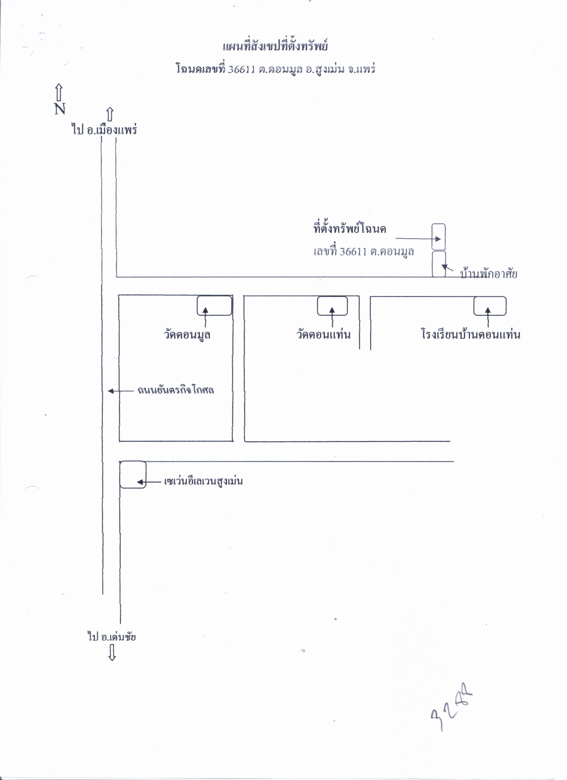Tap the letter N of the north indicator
[60, 109]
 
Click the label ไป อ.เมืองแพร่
[105, 130]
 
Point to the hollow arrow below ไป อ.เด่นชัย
[112, 652]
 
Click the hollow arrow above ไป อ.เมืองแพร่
[110, 114]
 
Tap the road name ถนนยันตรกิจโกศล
[176, 390]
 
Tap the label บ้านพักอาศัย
[489, 274]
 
